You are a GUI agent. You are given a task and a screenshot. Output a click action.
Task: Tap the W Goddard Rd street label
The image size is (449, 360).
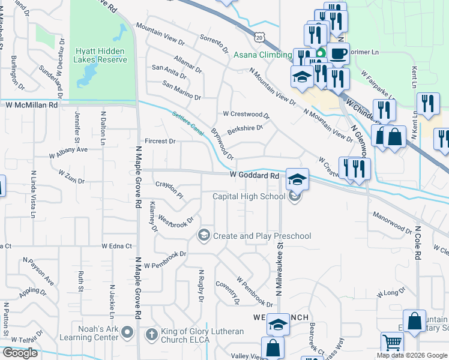point(255,176)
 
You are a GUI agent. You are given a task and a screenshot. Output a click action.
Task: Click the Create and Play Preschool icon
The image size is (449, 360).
point(205,235)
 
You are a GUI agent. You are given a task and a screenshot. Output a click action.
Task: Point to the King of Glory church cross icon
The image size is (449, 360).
point(152,334)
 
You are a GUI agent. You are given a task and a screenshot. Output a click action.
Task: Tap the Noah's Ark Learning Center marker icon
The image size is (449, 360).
point(127,332)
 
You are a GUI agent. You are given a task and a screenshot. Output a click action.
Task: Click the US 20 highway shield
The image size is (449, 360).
point(259,37)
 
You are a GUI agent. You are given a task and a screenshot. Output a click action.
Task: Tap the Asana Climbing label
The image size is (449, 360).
point(262,55)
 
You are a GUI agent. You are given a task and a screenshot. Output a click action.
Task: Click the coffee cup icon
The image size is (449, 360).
point(338,53)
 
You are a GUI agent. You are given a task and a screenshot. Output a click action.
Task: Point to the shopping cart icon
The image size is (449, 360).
point(392,344)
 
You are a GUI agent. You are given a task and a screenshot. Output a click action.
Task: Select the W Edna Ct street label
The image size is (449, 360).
point(116,246)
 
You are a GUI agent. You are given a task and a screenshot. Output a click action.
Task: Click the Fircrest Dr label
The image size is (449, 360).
point(160,142)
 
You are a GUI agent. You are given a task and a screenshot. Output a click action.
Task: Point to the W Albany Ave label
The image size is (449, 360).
point(69,150)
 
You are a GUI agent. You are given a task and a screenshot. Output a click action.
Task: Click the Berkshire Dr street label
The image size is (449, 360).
point(245,128)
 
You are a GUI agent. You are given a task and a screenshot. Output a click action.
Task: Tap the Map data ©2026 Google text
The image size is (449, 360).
point(411,355)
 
